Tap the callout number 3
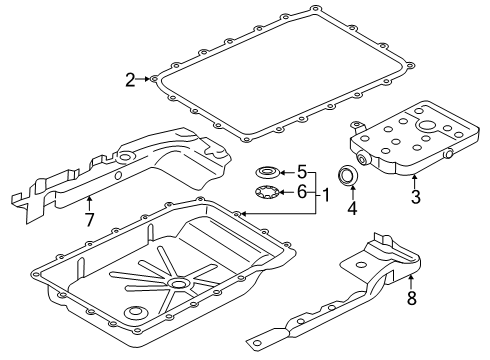pos(414,196)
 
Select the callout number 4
pos(352,209)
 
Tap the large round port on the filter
pos(440,127)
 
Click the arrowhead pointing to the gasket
pos(149,78)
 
